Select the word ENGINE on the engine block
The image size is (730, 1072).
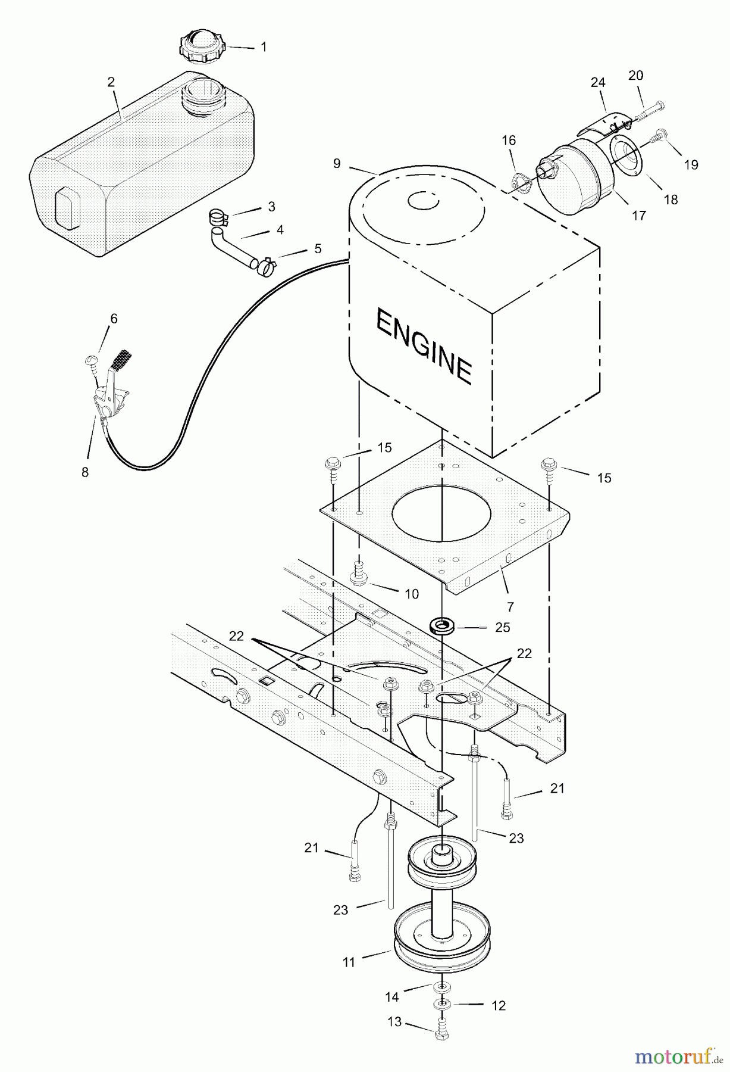coord(424,347)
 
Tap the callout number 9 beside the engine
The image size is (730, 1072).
coord(337,163)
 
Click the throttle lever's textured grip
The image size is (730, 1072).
coord(123,359)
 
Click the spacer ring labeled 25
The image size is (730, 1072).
coord(443,627)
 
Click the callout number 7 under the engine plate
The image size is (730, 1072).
coord(510,607)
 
